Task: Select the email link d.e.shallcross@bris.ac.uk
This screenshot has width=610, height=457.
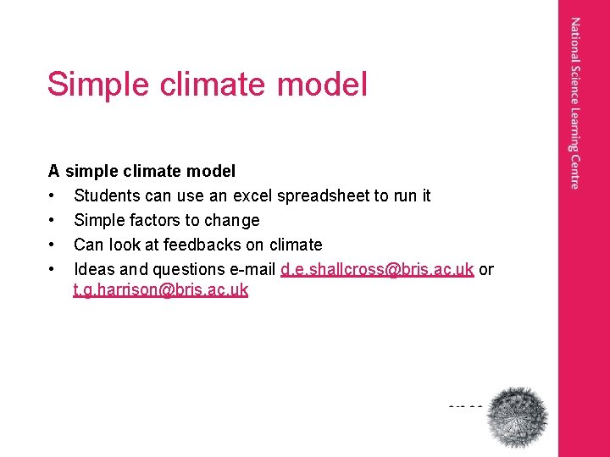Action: point(376,269)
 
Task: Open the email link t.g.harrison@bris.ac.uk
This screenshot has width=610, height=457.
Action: point(160,290)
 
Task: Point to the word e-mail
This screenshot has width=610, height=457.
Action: point(252,269)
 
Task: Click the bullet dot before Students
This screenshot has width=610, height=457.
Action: point(53,196)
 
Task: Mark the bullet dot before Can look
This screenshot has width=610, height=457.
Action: point(53,245)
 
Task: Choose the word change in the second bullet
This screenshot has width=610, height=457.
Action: point(230,221)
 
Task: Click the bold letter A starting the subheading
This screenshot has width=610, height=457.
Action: point(54,171)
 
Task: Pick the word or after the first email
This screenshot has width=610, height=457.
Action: point(486,269)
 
